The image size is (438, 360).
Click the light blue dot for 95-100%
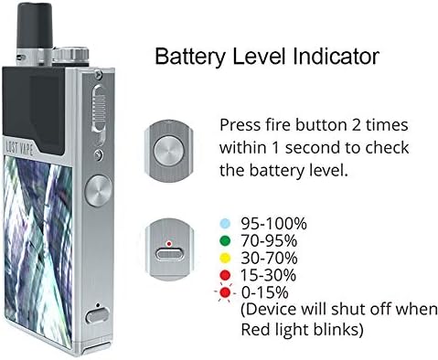pos(225,224)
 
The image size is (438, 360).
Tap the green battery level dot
pos(225,241)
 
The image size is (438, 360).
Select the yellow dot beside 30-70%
pos(225,258)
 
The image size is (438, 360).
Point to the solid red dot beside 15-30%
pos(225,275)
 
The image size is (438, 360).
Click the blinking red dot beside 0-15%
pos(225,292)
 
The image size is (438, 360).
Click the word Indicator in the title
pos(337,56)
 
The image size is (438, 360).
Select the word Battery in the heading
pos(190,58)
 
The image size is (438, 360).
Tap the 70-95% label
pos(269,241)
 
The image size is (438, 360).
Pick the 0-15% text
pos(264,292)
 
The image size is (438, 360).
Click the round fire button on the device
pos(98,191)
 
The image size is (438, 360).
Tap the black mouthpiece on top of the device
pos(35,25)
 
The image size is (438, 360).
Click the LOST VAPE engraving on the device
pos(19,147)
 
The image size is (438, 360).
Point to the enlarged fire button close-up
pos(169,151)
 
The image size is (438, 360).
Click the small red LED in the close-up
pos(168,244)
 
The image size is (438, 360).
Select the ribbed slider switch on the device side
pos(99,109)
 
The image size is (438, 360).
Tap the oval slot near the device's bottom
pos(97,315)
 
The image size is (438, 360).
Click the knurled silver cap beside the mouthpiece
pos(70,55)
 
